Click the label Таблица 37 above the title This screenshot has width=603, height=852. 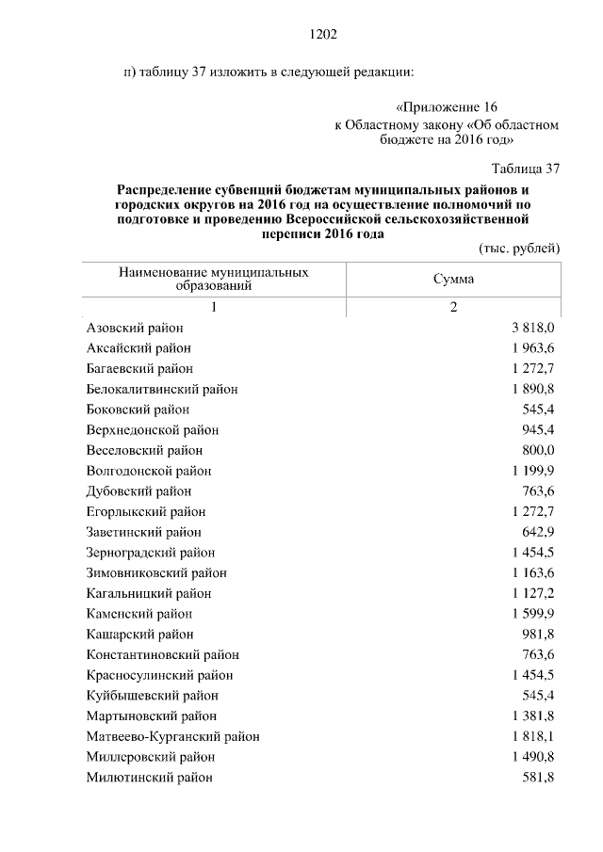[526, 169]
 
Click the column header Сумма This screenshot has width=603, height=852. [453, 280]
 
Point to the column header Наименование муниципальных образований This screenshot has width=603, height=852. [214, 280]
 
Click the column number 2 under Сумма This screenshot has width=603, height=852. [453, 307]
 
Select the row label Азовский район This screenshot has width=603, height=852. [135, 328]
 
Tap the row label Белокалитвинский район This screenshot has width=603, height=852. [162, 389]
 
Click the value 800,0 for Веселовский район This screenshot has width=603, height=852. [538, 450]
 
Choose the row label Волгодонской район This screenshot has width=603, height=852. [149, 471]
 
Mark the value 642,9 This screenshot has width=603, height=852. [538, 532]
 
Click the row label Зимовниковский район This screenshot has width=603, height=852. [156, 572]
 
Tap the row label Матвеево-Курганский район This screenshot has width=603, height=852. [172, 736]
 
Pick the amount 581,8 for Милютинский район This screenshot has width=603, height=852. [538, 778]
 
